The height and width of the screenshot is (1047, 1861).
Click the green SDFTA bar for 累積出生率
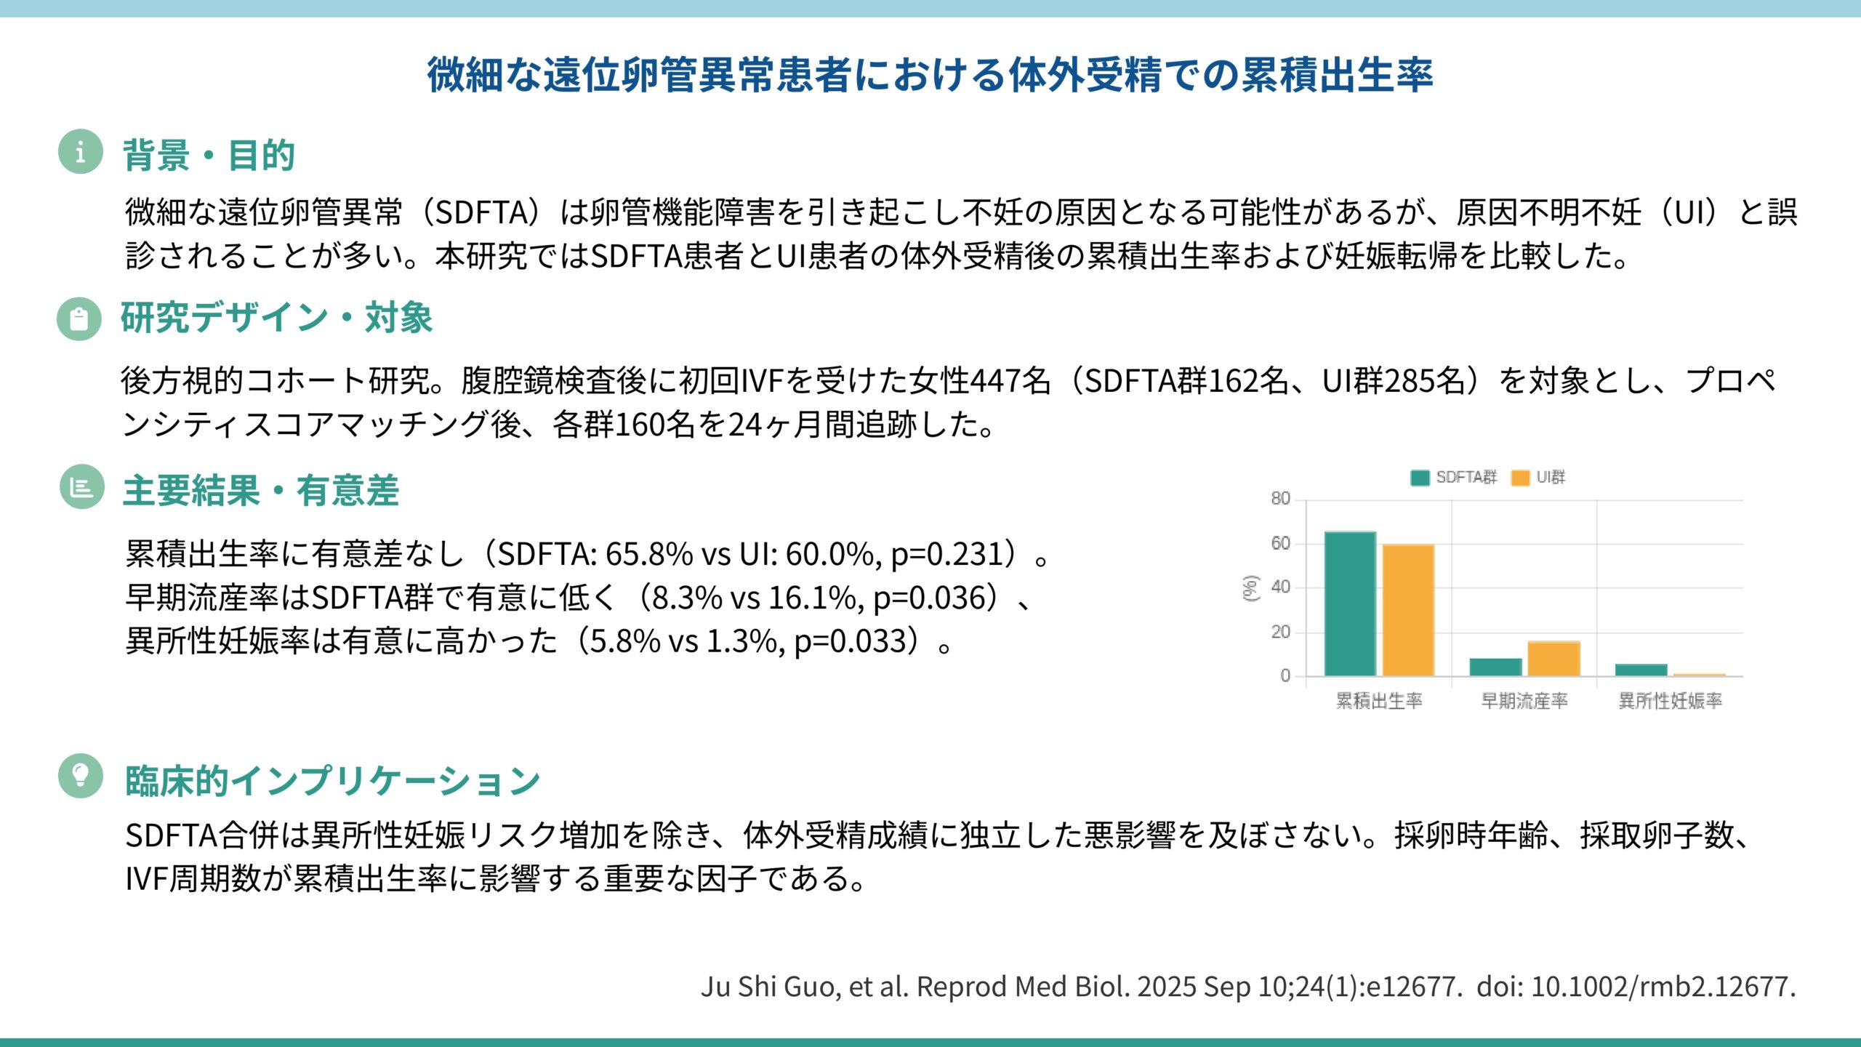(x=1350, y=603)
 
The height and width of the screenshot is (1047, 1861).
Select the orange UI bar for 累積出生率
(x=1408, y=610)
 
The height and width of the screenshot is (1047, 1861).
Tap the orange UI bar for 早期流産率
(x=1553, y=658)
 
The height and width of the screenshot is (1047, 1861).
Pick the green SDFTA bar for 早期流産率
(x=1495, y=667)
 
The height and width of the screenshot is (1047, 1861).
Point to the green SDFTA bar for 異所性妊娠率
(x=1641, y=670)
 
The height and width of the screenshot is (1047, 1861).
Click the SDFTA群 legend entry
(x=1454, y=477)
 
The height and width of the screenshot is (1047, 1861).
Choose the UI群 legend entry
(x=1539, y=477)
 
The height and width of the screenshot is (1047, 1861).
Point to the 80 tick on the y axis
(x=1280, y=499)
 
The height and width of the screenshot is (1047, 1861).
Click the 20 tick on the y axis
(x=1280, y=632)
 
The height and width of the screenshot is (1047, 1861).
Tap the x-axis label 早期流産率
(x=1524, y=700)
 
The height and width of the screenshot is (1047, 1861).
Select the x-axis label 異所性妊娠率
(x=1670, y=700)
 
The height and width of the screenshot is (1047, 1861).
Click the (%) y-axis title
(x=1250, y=587)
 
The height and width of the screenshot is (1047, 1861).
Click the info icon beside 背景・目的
(x=80, y=152)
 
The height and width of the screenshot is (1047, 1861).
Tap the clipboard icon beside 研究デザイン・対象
(x=79, y=318)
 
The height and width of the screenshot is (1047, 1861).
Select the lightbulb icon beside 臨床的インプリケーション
(x=81, y=775)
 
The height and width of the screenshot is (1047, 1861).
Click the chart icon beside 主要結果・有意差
(x=81, y=486)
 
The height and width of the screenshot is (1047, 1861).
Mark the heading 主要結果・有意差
(x=261, y=490)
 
